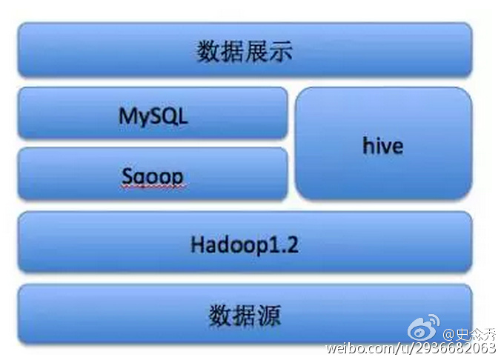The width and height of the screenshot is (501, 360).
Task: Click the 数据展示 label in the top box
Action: coord(244,51)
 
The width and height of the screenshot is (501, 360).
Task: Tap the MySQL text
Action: coord(153,116)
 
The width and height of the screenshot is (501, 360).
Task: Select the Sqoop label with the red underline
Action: coord(153,176)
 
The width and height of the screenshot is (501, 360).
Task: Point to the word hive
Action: coord(382,146)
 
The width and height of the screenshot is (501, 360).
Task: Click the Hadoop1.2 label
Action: coord(245,245)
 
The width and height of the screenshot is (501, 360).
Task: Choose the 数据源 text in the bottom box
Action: coord(245,316)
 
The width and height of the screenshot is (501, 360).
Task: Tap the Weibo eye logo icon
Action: coord(423,327)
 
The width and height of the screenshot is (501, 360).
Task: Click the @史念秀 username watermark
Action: coord(470,335)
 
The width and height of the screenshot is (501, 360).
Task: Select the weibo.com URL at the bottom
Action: coord(411,347)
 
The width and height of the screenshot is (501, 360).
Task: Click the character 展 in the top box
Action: coord(256,51)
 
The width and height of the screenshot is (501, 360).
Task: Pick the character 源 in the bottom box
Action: coord(270,316)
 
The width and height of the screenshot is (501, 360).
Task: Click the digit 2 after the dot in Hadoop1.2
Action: coord(292,245)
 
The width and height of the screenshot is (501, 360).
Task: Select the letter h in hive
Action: coord(368,146)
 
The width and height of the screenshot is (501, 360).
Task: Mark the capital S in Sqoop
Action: coord(127,176)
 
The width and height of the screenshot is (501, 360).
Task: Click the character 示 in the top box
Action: coord(281,51)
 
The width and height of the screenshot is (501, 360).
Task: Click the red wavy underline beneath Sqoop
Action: coord(153,186)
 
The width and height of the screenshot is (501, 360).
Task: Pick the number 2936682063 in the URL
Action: coord(456,347)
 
